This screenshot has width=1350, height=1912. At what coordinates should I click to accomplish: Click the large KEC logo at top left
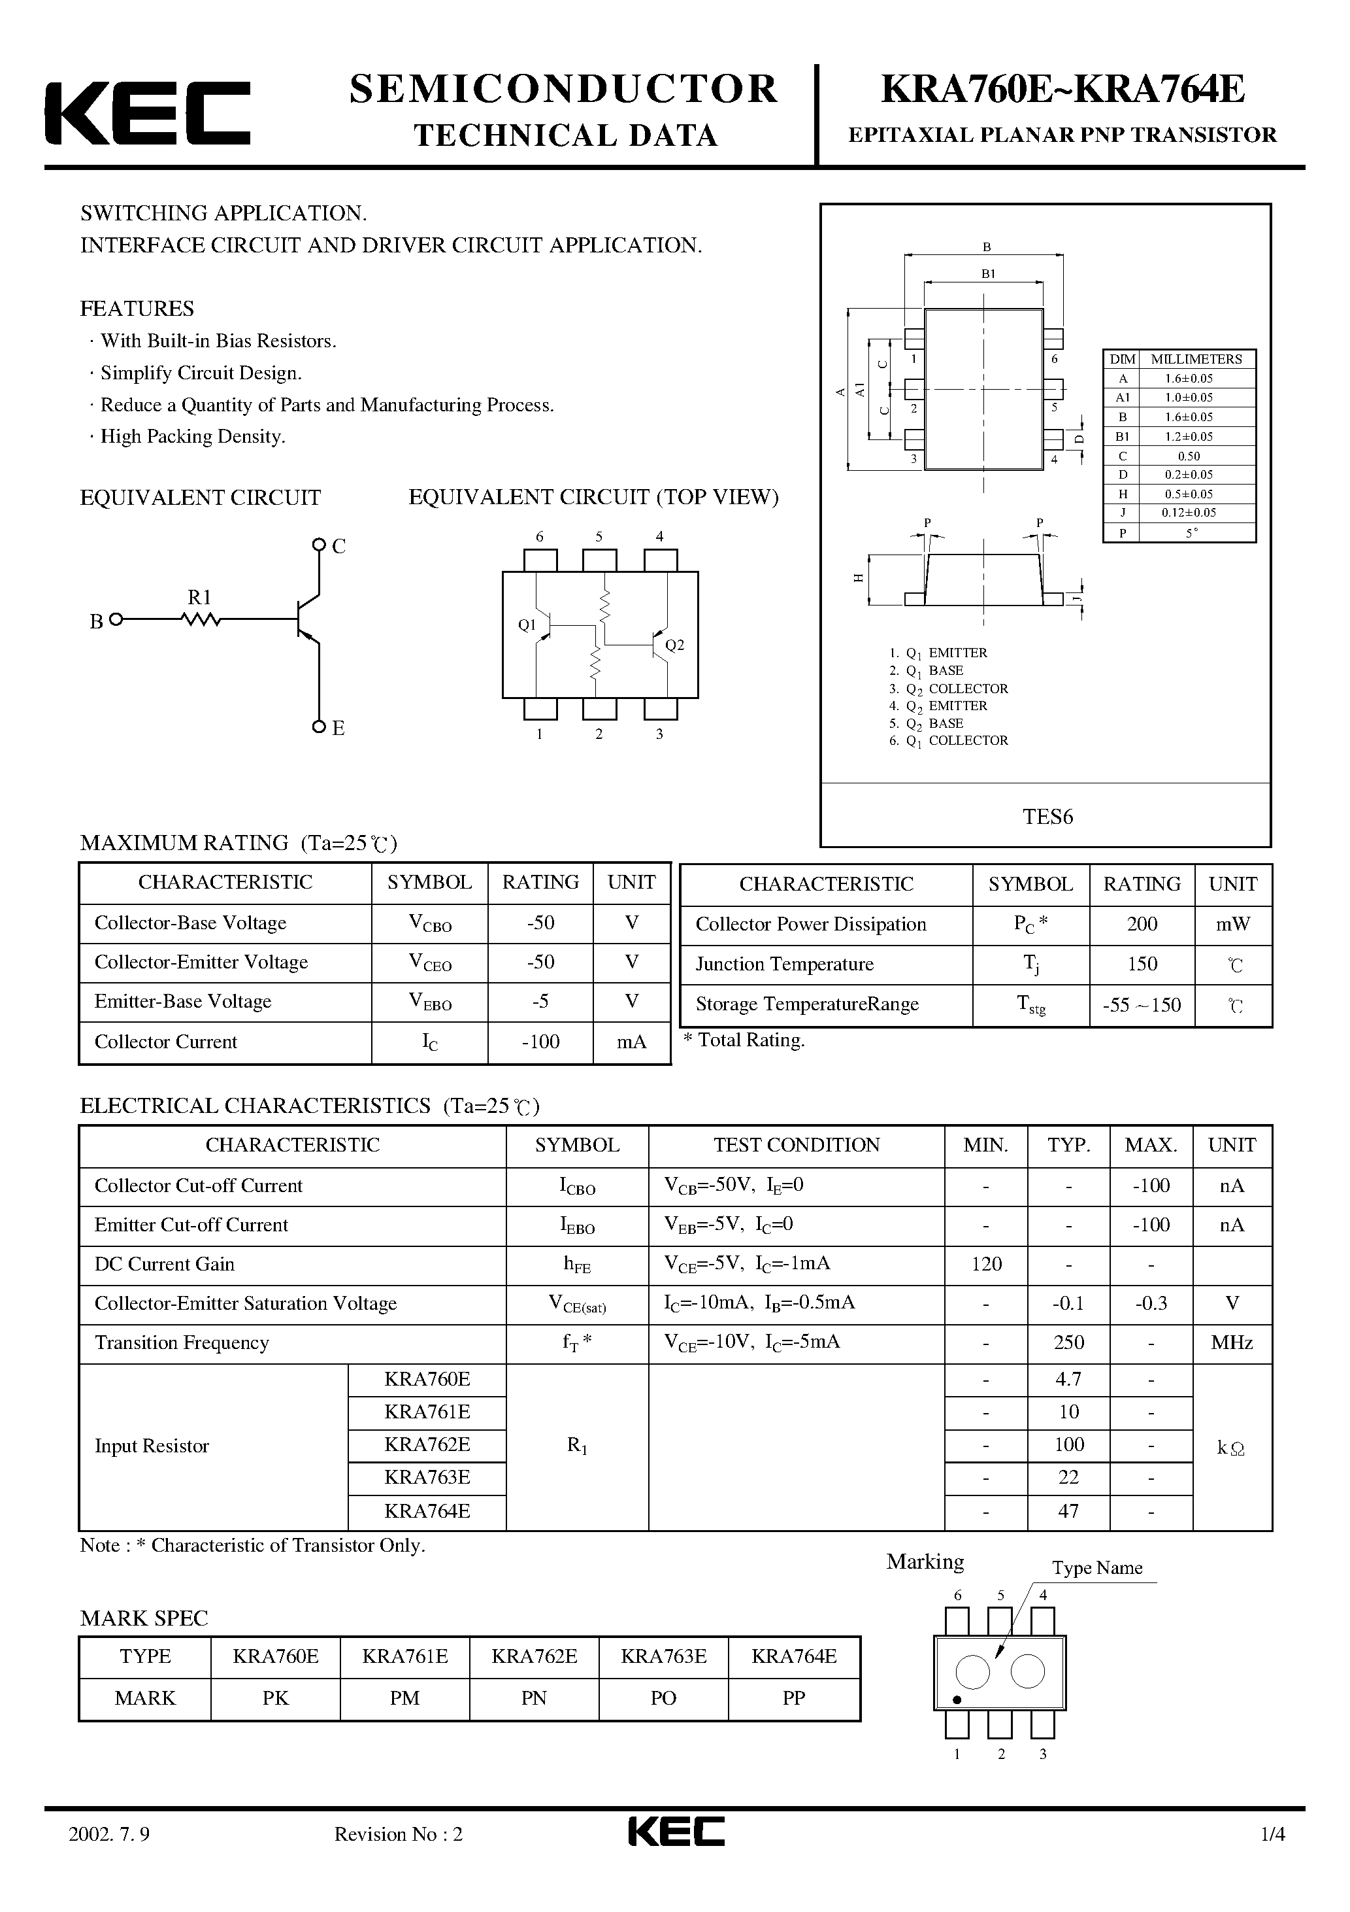[147, 113]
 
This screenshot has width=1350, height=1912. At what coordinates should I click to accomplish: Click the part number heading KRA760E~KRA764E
[1062, 90]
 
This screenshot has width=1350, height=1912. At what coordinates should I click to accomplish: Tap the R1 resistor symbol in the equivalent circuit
[201, 619]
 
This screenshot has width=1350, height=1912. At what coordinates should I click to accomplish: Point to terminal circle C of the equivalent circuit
[318, 545]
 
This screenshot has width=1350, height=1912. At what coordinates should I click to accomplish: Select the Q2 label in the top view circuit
[674, 645]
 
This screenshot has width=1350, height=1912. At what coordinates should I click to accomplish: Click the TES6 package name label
[1047, 816]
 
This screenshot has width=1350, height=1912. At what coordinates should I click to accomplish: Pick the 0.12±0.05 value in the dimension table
[1189, 513]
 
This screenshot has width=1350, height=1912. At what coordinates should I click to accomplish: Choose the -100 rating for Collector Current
[540, 1042]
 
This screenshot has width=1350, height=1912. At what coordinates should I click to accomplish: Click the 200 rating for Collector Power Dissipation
[1142, 923]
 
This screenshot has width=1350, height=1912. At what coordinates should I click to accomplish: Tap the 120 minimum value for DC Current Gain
[986, 1264]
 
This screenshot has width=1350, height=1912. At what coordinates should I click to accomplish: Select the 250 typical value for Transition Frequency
[1068, 1342]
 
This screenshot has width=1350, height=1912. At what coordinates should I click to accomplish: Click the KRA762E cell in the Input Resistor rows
[427, 1445]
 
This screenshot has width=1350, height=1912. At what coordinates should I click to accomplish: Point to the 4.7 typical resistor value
[1068, 1379]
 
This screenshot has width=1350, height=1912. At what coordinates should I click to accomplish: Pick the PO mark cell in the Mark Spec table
[663, 1698]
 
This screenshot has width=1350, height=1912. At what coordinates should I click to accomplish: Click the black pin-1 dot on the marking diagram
[957, 1699]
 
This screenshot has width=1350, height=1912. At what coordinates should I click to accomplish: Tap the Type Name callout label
[1097, 1568]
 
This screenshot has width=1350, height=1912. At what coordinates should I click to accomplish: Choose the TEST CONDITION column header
[797, 1145]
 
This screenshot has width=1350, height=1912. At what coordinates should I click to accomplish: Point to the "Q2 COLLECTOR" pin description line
[949, 689]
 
